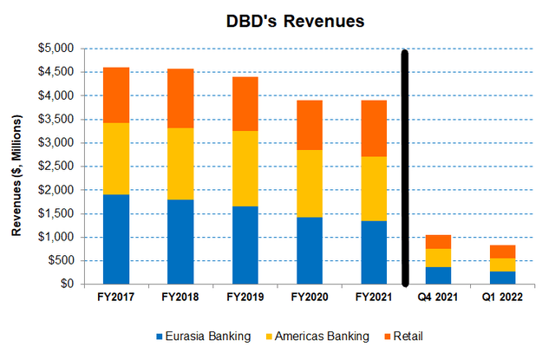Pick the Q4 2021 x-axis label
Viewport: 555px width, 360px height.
tap(437, 299)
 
